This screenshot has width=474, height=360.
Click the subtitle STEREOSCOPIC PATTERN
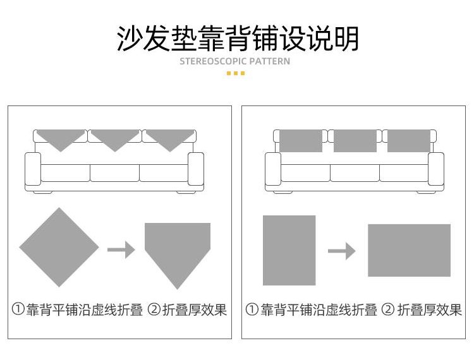pyautogui.click(x=235, y=62)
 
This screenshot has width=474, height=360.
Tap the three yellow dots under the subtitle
pyautogui.click(x=235, y=74)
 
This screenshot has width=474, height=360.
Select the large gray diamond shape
pyautogui.click(x=59, y=247)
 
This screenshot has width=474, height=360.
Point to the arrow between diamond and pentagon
pyautogui.click(x=121, y=250)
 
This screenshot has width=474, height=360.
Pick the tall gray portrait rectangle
pyautogui.click(x=289, y=250)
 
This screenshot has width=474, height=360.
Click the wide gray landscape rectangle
pyautogui.click(x=409, y=250)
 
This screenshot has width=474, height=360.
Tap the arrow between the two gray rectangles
pyautogui.click(x=341, y=251)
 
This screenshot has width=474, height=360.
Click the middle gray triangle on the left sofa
pyautogui.click(x=114, y=139)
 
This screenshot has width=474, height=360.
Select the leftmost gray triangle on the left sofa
pyautogui.click(x=61, y=139)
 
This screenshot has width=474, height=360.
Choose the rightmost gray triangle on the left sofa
pyautogui.click(x=168, y=139)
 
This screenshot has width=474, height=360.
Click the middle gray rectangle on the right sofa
pyautogui.click(x=355, y=141)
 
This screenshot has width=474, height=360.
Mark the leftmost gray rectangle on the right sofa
pyautogui.click(x=301, y=141)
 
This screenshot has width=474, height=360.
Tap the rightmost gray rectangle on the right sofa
pyautogui.click(x=408, y=141)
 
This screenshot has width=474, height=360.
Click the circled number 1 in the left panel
pyautogui.click(x=18, y=310)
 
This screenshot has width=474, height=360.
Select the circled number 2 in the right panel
pyautogui.click(x=388, y=310)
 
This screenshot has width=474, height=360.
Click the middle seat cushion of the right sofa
pyautogui.click(x=355, y=172)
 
